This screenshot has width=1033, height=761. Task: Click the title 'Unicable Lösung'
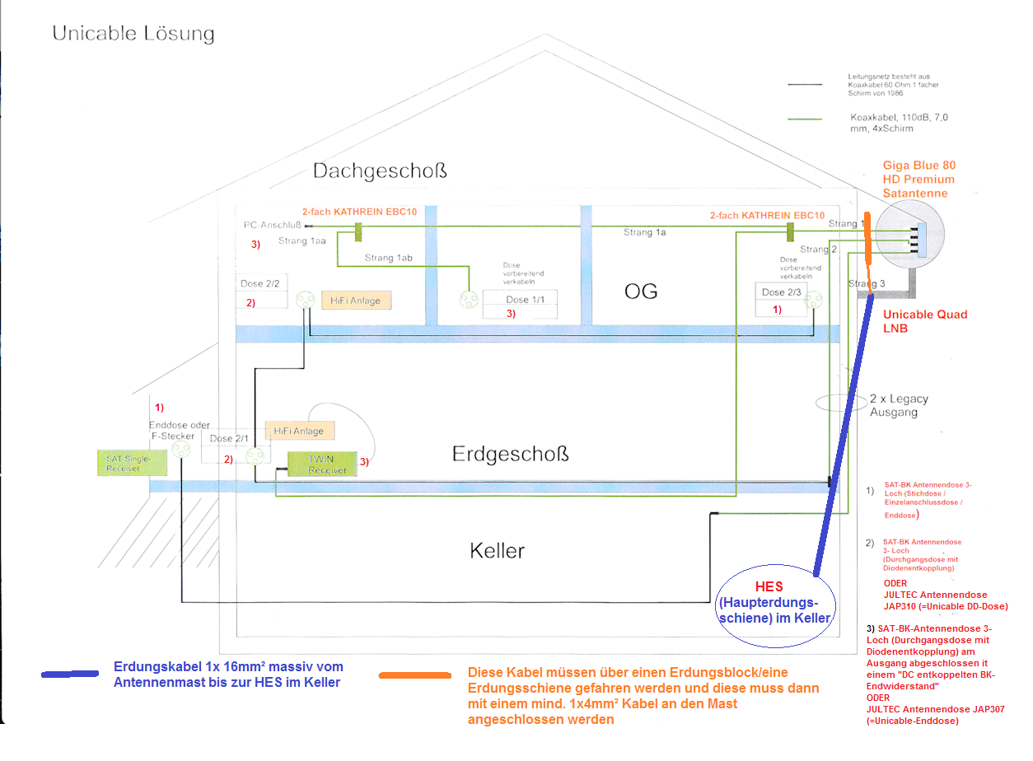(x=133, y=34)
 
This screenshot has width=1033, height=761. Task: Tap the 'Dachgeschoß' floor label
(x=380, y=170)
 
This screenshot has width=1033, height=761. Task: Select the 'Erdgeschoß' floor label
(x=510, y=454)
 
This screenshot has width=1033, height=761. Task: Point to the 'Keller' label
(x=497, y=550)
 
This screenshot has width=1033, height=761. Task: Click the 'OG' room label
(x=641, y=292)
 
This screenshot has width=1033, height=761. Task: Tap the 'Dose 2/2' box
(x=260, y=284)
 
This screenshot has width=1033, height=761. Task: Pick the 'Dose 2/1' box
(x=230, y=438)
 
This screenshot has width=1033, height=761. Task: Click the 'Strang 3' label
(x=867, y=284)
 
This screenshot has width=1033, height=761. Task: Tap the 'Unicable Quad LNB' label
(x=925, y=321)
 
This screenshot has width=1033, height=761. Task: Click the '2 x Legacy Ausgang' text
(x=899, y=405)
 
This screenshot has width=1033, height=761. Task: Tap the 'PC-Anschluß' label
(x=273, y=224)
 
